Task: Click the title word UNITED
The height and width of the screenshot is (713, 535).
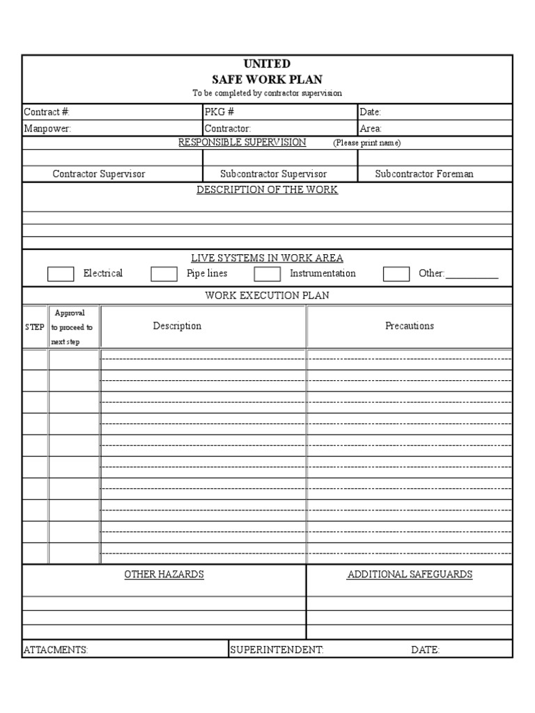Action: [x=267, y=64]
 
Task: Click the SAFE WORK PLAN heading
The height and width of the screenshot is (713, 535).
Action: [x=267, y=79]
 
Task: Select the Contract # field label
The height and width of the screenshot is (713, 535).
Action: [x=47, y=112]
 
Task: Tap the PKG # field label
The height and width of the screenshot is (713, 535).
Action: [x=219, y=112]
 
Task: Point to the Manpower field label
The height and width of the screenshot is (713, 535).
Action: [x=47, y=129]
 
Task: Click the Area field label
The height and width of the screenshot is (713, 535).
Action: [x=371, y=129]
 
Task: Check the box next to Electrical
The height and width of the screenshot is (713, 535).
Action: [x=61, y=274]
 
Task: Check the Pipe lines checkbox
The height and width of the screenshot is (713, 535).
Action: [x=164, y=274]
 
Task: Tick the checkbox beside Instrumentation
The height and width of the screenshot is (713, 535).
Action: [x=267, y=274]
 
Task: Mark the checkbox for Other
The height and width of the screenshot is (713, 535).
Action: [x=396, y=274]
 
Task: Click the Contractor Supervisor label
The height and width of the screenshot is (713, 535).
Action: [x=99, y=174]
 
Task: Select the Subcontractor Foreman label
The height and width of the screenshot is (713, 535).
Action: [x=424, y=174]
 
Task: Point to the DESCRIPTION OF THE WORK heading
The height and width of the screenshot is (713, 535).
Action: [x=267, y=190]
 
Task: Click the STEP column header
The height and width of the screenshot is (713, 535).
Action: [x=35, y=327]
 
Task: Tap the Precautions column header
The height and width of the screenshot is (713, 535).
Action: [x=410, y=326]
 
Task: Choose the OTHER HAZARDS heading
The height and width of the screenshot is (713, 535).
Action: [x=164, y=574]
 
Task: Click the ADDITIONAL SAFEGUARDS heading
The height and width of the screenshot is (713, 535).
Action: [x=410, y=574]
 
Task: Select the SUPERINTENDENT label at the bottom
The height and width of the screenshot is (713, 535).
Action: [x=277, y=650]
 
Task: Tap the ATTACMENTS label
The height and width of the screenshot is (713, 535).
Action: [x=56, y=650]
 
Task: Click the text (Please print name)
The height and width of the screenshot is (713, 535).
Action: [x=366, y=143]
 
